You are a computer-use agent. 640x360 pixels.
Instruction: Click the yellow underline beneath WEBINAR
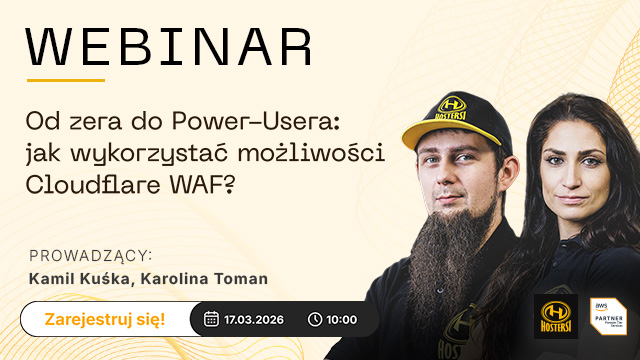coord(65,80)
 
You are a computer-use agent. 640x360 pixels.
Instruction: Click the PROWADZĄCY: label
coord(91,255)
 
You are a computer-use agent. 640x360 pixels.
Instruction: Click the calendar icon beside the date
coord(211,319)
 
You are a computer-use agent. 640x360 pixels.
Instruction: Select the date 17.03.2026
coord(256,319)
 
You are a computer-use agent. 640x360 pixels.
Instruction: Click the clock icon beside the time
coord(315,319)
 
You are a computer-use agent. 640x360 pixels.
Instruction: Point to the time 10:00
coord(341,319)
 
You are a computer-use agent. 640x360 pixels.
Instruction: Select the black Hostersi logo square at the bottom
coord(555,316)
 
